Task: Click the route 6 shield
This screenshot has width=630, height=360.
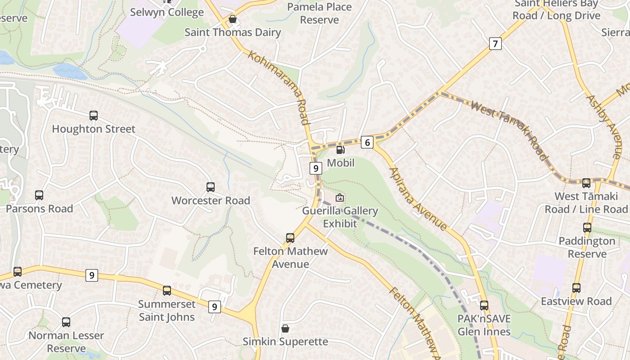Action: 367,143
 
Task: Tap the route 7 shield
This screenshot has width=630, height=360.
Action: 495,44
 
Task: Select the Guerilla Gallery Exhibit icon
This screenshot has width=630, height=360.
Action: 340,198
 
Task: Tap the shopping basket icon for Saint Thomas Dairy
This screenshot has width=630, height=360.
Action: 233,19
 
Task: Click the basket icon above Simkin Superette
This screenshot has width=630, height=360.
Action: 285,328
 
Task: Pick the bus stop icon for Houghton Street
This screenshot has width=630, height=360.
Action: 94,116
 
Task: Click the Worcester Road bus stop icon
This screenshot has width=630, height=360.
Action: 211,187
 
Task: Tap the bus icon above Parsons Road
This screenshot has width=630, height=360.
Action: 39,195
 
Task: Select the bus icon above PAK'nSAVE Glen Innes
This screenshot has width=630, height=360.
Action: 484,306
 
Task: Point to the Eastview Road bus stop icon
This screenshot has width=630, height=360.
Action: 576,288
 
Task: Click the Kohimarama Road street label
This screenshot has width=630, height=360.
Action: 279,88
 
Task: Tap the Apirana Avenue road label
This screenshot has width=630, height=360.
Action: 418,198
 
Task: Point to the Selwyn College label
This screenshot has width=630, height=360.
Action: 167,12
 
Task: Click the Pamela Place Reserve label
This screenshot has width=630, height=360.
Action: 319,13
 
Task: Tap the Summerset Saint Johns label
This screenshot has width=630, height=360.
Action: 167,310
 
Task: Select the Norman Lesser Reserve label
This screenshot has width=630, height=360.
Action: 66,342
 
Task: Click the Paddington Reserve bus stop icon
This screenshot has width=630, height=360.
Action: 587,228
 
